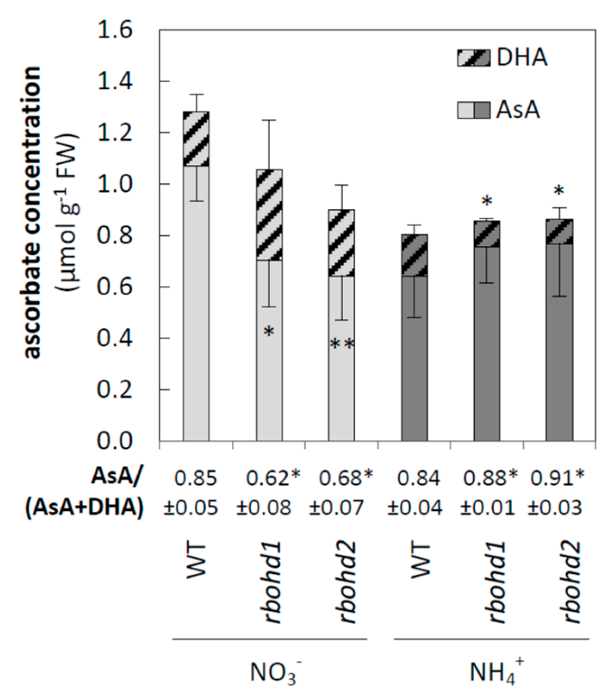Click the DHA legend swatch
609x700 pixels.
tap(474, 58)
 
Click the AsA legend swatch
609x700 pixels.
tap(474, 110)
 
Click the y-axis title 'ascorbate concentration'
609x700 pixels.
tap(32, 211)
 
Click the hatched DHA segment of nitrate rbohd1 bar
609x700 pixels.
tap(269, 215)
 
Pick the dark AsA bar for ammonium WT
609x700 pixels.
tap(414, 358)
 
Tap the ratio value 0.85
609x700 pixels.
tap(196, 479)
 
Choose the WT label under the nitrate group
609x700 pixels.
tap(196, 560)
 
